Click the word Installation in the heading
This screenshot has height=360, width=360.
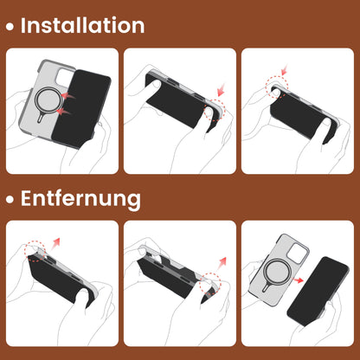[82, 25]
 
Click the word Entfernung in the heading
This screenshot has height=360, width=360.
[80, 198]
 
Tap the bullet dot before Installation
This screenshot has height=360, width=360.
[10, 27]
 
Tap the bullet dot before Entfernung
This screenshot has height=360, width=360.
[10, 200]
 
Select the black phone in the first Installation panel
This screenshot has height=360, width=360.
[86, 100]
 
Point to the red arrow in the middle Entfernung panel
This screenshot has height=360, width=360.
[222, 260]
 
